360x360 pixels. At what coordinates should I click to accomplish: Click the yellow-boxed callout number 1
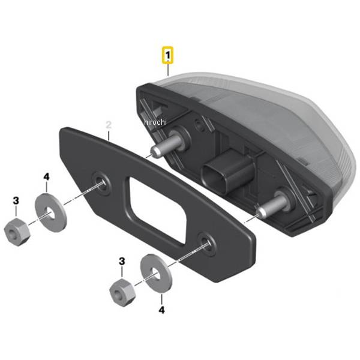tap(168, 55)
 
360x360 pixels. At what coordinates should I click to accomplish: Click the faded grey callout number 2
tap(109, 125)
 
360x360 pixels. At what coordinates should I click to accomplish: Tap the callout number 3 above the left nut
tap(16, 200)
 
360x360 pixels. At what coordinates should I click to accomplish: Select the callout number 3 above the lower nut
tap(122, 261)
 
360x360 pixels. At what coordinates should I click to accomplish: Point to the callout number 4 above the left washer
tap(47, 177)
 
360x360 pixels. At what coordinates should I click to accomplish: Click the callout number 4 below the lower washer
tap(162, 310)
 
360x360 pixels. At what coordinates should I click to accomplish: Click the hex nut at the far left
tap(17, 232)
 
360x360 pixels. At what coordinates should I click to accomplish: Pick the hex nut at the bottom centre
tap(123, 293)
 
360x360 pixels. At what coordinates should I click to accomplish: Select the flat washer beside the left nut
tap(51, 212)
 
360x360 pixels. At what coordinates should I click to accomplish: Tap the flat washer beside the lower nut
tap(156, 273)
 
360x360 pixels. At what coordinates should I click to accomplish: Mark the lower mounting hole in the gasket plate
tap(206, 244)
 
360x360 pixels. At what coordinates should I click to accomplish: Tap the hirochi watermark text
tap(155, 122)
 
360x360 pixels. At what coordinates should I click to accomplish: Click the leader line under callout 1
tap(168, 70)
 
